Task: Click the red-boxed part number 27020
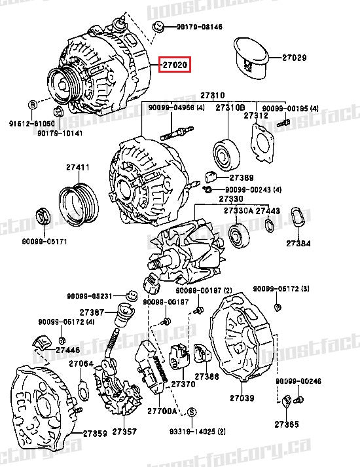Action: coord(175,65)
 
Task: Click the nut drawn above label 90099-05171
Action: coord(44,215)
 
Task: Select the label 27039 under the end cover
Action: coord(241,398)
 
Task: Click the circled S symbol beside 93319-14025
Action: coord(192,412)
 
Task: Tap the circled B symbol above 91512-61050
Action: coord(31,105)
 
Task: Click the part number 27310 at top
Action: coord(213,95)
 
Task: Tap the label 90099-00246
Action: coord(298,381)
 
